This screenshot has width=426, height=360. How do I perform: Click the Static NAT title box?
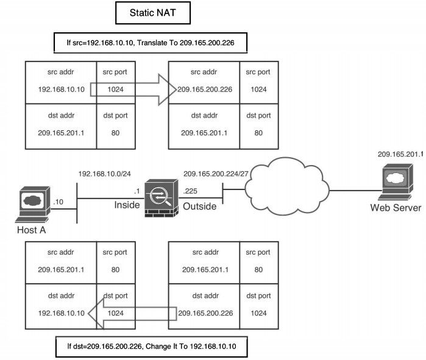click(151, 12)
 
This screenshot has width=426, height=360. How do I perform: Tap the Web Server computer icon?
click(395, 183)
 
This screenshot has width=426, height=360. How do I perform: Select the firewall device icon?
click(162, 199)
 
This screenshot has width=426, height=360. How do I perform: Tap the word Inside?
click(127, 205)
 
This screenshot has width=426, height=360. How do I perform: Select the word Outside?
click(200, 206)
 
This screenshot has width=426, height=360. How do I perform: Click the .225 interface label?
click(190, 191)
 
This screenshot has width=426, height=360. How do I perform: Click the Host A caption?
click(30, 230)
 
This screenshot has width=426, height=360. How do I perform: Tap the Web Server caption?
click(396, 208)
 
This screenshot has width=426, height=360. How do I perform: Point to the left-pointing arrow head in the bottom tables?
click(95, 314)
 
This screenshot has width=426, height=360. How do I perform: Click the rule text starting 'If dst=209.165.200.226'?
click(151, 345)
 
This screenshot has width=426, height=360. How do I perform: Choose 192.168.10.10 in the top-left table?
click(60, 90)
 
